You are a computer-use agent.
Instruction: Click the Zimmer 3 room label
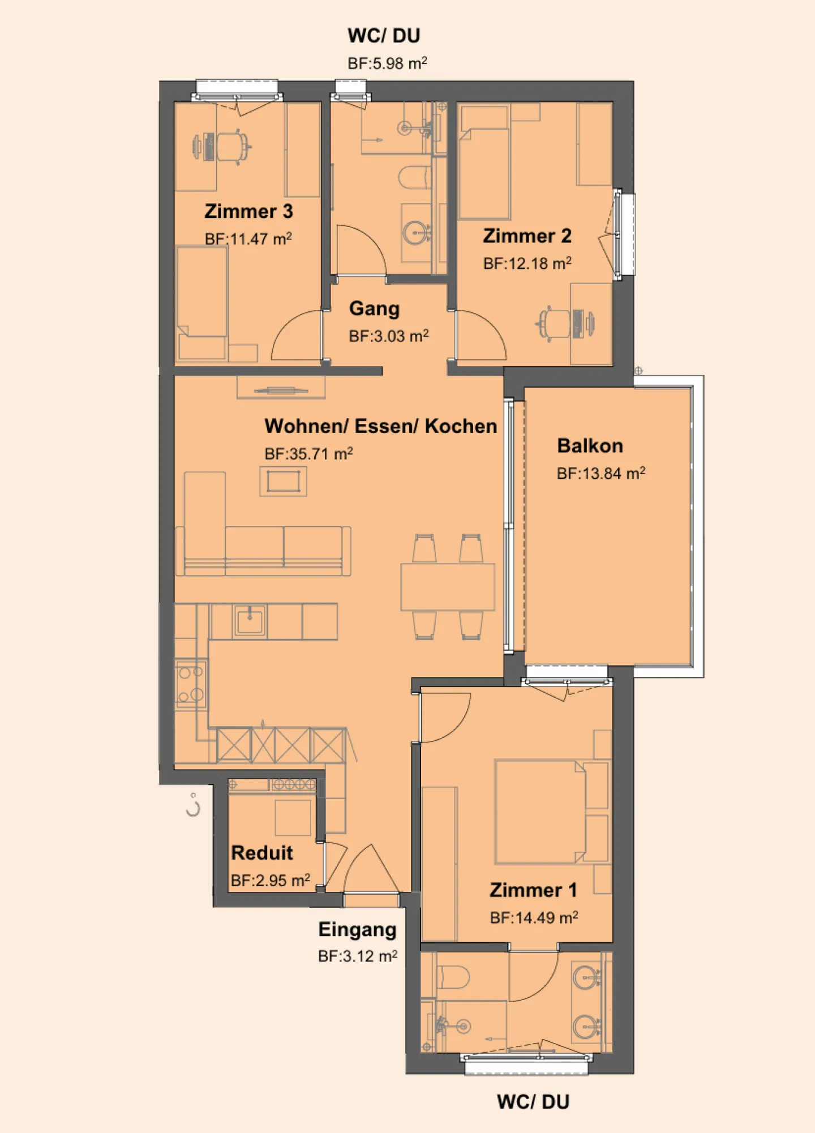(x=248, y=211)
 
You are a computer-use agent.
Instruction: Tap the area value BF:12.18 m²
(x=527, y=263)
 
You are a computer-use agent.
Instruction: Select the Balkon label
(x=590, y=445)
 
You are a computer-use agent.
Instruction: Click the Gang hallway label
(x=374, y=308)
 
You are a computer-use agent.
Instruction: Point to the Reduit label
(x=261, y=852)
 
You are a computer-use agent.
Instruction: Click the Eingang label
(x=357, y=929)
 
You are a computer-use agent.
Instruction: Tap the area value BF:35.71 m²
(x=308, y=453)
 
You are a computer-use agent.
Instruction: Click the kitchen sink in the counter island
(x=249, y=621)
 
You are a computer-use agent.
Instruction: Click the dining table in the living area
(x=447, y=586)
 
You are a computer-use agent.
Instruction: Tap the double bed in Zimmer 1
(x=538, y=812)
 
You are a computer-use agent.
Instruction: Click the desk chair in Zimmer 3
(x=235, y=147)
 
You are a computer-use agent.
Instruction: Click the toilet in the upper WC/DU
(x=414, y=177)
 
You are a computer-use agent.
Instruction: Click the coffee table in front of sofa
(x=283, y=481)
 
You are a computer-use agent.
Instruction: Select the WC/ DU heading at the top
(x=384, y=36)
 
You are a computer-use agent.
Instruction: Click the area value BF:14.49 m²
(x=533, y=917)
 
